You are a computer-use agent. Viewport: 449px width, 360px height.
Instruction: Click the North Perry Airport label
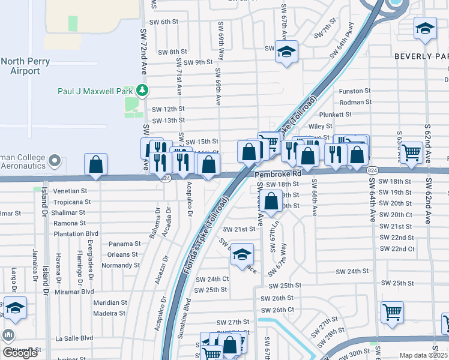click(25, 66)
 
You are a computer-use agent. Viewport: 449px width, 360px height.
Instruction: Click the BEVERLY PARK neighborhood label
click(421, 56)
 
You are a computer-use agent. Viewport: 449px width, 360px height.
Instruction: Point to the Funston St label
click(355, 91)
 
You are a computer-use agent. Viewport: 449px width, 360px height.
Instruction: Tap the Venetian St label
click(71, 191)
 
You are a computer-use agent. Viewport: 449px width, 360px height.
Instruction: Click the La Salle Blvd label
click(74, 338)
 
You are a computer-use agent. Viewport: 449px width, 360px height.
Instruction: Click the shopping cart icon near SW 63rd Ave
click(412, 152)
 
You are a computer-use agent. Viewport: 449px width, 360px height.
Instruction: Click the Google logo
click(20, 352)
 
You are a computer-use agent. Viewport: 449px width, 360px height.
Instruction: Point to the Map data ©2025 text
click(424, 355)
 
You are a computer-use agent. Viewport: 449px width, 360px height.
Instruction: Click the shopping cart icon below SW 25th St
click(391, 311)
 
